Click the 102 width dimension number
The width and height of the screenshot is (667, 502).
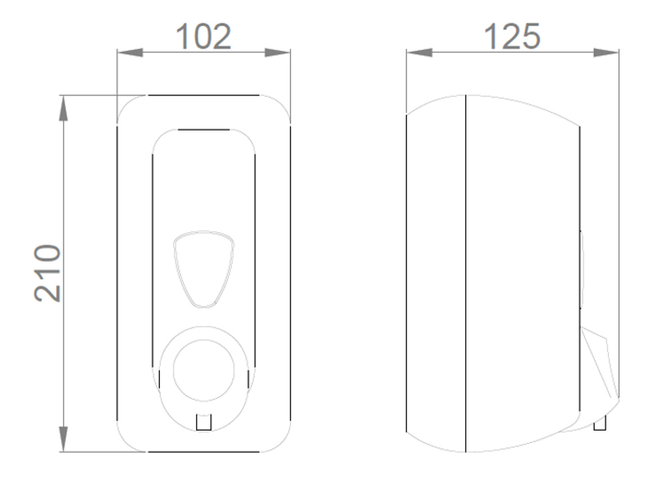point(203,37)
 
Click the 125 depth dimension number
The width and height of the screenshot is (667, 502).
point(512,37)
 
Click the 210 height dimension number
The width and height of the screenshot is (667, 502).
point(47,273)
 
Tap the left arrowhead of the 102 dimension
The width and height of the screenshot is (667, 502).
point(130,53)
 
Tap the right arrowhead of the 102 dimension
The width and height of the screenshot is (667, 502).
point(277,53)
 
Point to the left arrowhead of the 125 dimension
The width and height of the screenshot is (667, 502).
point(420,53)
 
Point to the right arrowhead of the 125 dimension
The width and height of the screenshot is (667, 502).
point(606,53)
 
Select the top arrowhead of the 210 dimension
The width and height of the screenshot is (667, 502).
point(63,109)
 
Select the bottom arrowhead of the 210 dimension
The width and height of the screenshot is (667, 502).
point(63,439)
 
